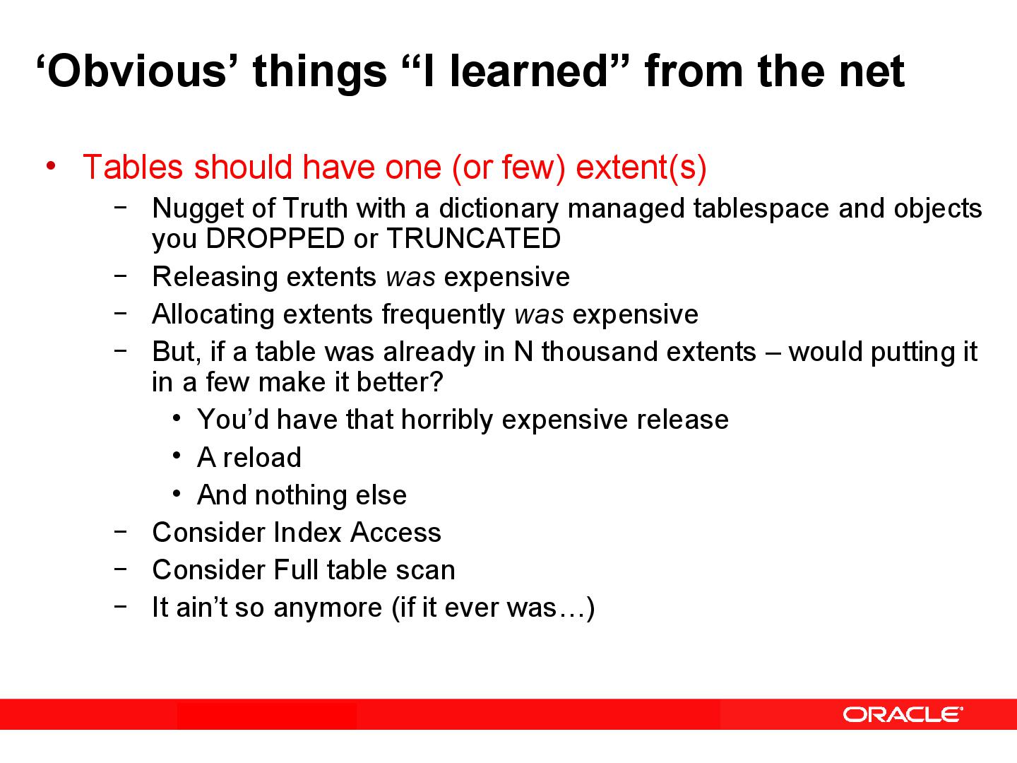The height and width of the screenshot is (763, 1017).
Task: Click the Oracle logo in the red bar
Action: (x=902, y=714)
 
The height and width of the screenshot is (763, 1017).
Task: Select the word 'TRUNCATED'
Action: (x=473, y=239)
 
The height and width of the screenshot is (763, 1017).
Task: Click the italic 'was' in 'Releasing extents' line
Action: (x=410, y=277)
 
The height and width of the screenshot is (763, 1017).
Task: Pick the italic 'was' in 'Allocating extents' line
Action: (x=539, y=314)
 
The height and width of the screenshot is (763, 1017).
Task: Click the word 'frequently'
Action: (x=443, y=314)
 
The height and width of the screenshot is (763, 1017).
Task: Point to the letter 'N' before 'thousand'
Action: (x=523, y=352)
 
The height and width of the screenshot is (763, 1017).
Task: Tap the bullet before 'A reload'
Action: (x=177, y=456)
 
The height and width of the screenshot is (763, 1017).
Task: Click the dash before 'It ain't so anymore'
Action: (x=121, y=606)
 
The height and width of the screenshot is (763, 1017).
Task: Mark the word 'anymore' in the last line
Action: (x=328, y=608)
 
